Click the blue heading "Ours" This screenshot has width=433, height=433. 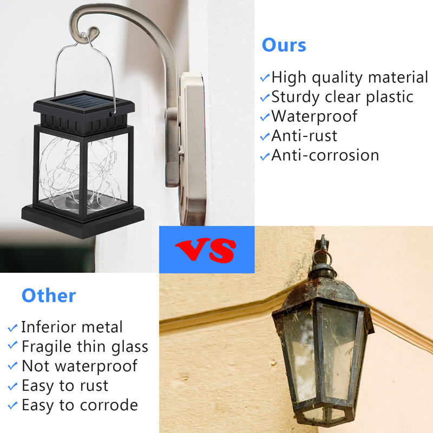pyautogui.click(x=284, y=45)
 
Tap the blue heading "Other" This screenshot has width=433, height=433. pyautogui.click(x=49, y=296)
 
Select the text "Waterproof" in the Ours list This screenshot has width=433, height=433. pyautogui.click(x=314, y=116)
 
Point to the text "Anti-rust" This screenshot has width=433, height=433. pyautogui.click(x=304, y=135)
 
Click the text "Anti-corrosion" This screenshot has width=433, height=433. pyautogui.click(x=325, y=155)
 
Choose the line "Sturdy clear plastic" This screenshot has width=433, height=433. pyautogui.click(x=342, y=97)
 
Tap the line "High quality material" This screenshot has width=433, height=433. pyautogui.click(x=350, y=77)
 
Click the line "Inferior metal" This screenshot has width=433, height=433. pyautogui.click(x=72, y=327)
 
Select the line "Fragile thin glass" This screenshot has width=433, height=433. pyautogui.click(x=84, y=346)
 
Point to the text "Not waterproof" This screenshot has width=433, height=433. pyautogui.click(x=80, y=366)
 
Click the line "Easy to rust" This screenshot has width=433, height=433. pyautogui.click(x=65, y=385)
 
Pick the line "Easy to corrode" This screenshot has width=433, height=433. pyautogui.click(x=80, y=405)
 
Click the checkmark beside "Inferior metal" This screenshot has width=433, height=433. pyautogui.click(x=12, y=328)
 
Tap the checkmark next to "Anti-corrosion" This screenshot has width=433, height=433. pyautogui.click(x=265, y=156)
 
